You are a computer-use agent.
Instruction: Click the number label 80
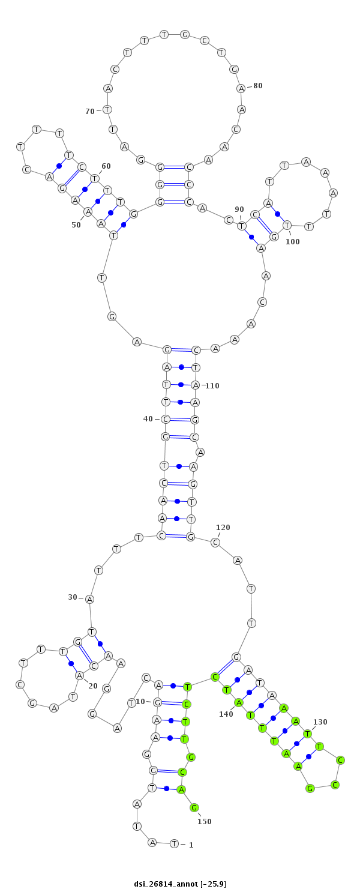click(258, 86)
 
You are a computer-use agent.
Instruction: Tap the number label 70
click(90, 112)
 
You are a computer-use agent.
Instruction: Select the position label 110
click(212, 386)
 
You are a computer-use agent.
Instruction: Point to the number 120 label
click(223, 528)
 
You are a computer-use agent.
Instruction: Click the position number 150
click(205, 822)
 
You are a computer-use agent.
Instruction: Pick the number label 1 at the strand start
click(191, 845)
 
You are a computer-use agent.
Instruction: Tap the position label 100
click(293, 242)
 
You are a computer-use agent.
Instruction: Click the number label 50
click(76, 225)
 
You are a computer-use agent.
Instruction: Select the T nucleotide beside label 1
click(174, 844)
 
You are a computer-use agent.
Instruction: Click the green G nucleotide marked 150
click(194, 807)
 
